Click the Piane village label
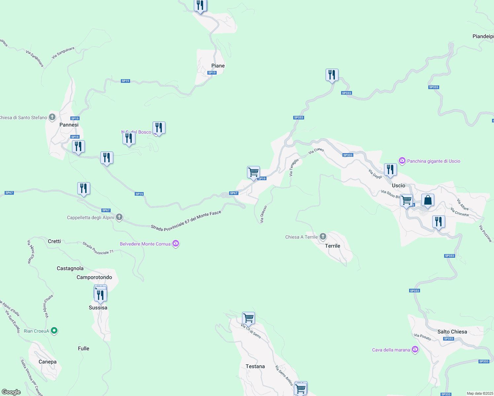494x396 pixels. click(218, 66)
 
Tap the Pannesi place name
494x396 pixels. click(69, 125)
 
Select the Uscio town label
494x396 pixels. click(399, 185)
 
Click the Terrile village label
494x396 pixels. click(333, 246)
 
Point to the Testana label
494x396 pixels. click(255, 366)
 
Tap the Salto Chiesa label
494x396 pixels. click(452, 332)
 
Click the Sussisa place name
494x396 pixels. click(98, 308)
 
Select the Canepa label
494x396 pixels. click(48, 362)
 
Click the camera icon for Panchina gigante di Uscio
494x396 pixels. click(402, 161)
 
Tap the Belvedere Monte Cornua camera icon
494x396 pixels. click(176, 244)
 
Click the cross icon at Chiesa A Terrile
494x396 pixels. click(323, 237)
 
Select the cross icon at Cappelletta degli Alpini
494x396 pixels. click(119, 217)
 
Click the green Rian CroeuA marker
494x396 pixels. click(54, 331)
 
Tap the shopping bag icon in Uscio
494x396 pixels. click(428, 200)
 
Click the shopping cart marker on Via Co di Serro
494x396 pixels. click(248, 318)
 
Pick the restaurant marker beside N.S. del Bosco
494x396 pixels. click(159, 128)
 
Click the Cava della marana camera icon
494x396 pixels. click(415, 350)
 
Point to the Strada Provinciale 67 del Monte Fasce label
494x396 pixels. click(186, 220)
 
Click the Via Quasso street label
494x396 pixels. click(263, 214)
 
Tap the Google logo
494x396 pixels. click(11, 392)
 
